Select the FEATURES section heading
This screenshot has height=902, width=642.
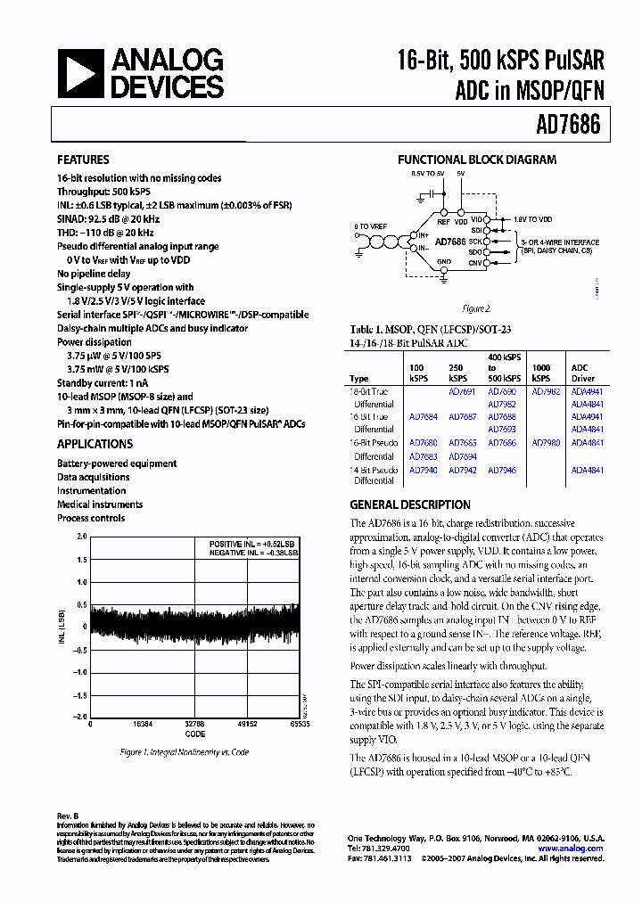point(83,160)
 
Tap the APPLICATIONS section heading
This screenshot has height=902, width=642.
point(95,444)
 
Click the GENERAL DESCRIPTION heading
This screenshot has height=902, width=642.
point(410,504)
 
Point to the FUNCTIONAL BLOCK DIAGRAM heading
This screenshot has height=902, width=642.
point(476,160)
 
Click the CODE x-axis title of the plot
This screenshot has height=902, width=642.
point(194,734)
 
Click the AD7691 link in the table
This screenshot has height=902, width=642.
point(461,391)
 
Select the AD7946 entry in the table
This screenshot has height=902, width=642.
point(501,470)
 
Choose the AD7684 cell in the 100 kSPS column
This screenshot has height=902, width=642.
point(423,417)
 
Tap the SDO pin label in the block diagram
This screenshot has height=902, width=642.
point(475,252)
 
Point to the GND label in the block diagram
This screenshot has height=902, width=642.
point(442,262)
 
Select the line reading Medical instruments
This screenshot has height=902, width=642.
point(100,504)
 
